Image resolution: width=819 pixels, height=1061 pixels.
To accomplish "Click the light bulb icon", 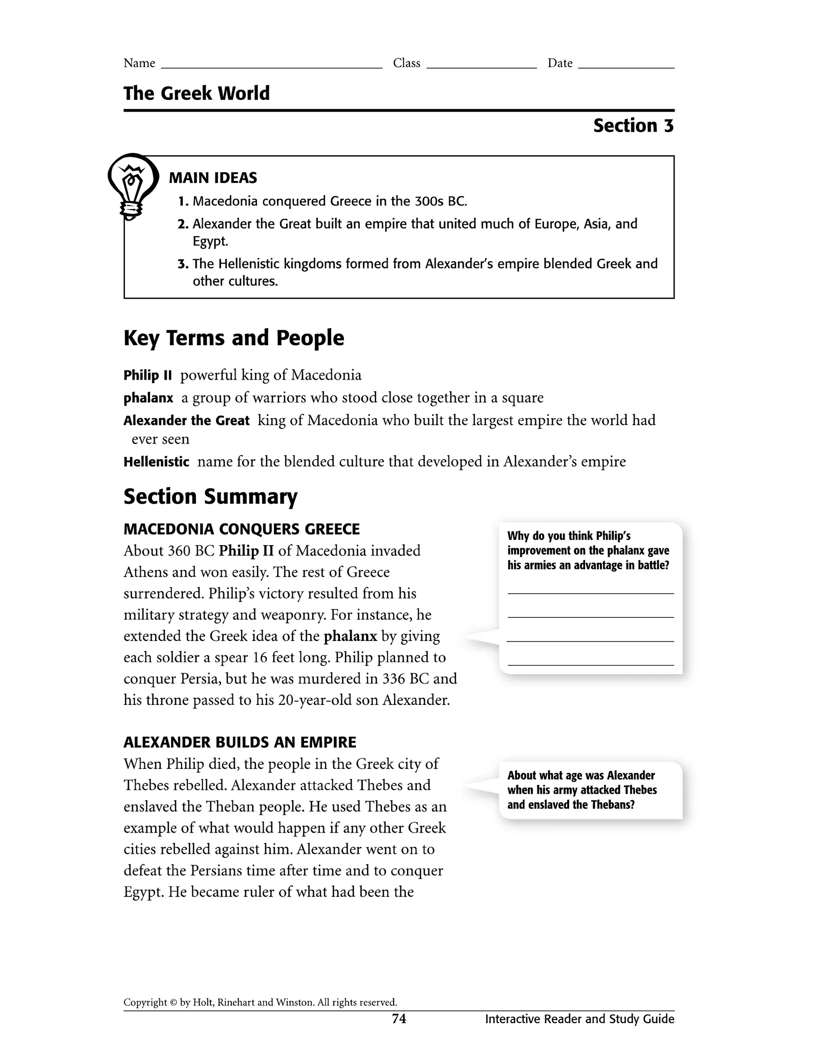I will [x=132, y=185].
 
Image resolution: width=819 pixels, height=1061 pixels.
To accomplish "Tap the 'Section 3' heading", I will [x=633, y=126].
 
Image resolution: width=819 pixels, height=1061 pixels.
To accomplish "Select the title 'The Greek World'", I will [x=197, y=93].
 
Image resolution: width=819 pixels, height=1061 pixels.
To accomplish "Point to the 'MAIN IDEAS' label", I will [x=213, y=178].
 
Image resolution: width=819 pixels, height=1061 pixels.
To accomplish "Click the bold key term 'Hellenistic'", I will [x=156, y=462].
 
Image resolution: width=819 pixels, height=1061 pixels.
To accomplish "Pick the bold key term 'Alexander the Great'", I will [x=186, y=421].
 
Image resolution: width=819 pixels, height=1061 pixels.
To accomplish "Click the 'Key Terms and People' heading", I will [x=234, y=338].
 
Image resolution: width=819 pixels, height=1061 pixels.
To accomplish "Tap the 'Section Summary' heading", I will [x=210, y=497].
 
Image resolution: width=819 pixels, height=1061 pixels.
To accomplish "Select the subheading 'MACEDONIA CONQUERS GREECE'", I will [x=242, y=529].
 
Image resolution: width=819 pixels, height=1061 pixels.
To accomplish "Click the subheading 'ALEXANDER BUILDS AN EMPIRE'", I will [x=240, y=742].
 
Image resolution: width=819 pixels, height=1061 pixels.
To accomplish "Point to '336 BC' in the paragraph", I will [x=406, y=679].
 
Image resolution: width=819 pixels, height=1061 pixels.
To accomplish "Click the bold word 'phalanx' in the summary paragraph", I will [x=351, y=636].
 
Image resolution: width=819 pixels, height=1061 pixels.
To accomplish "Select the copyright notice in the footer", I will [x=260, y=1003].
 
